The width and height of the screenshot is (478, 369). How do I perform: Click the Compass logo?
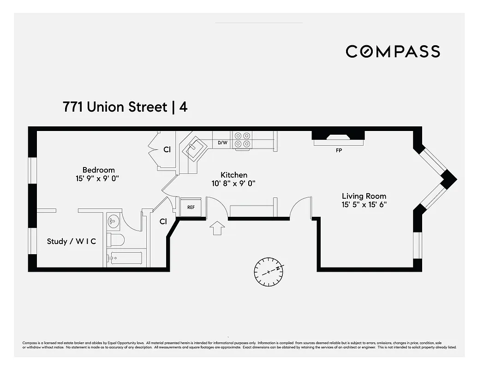click(x=393, y=51)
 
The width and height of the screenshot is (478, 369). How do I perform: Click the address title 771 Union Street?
click(x=115, y=107)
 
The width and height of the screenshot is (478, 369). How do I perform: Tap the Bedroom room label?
click(x=98, y=170)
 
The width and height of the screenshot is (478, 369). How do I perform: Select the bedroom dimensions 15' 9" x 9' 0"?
click(x=98, y=178)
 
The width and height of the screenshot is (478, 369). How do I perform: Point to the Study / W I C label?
click(x=72, y=241)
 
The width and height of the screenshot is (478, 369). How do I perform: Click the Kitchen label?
click(x=234, y=175)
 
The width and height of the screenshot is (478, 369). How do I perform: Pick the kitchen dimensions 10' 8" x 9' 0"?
click(x=234, y=183)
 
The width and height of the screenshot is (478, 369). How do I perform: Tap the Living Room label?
click(x=364, y=196)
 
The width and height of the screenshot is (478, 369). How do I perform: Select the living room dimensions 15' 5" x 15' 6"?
click(x=364, y=204)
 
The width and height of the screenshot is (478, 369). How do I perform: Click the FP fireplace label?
click(x=339, y=150)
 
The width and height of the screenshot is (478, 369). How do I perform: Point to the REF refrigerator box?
click(x=191, y=208)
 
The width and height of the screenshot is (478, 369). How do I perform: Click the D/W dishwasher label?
click(x=222, y=143)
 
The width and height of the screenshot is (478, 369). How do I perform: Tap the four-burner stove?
click(x=242, y=140)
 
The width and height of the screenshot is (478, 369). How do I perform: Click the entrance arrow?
click(x=217, y=228)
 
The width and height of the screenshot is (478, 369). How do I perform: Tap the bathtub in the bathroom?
click(x=126, y=257)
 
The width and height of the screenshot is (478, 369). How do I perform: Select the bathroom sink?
click(x=114, y=222)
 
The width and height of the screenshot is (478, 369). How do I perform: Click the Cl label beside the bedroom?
click(x=167, y=149)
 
